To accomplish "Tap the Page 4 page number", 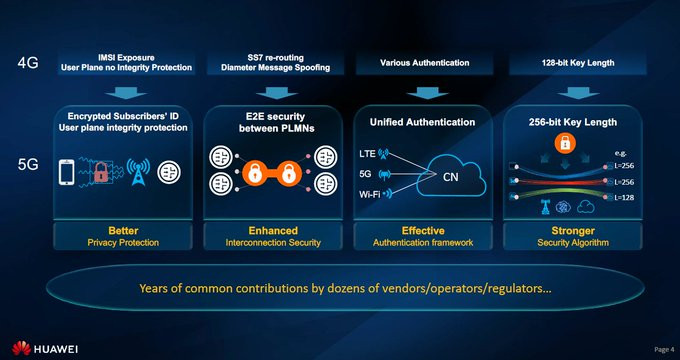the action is (664, 349).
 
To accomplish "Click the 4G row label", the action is (28, 63).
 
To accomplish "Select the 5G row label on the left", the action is (28, 165).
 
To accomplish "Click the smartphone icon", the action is (66, 172).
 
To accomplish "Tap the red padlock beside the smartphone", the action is (101, 172).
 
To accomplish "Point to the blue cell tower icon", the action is (138, 171).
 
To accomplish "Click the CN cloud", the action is (451, 177).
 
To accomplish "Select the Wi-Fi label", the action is (369, 194).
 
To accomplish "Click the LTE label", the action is (367, 154).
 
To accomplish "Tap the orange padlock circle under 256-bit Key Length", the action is (565, 143).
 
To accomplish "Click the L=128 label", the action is (624, 197).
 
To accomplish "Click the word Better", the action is (123, 230).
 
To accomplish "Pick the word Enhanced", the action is (273, 230).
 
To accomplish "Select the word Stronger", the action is (573, 230).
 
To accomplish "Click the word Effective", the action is (423, 230).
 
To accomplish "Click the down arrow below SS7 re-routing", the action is (276, 93).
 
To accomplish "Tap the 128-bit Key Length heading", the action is (578, 63).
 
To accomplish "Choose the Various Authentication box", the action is (425, 63).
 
